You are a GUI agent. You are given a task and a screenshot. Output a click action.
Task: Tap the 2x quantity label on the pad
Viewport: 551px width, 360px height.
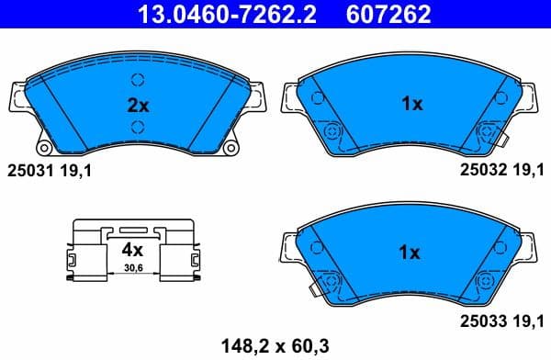137,105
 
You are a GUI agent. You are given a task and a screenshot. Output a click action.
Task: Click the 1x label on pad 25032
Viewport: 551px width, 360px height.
410,105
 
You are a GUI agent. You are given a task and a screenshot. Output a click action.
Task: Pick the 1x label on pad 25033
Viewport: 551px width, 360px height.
410,251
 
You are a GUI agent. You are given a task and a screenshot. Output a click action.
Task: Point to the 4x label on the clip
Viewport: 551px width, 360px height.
133,250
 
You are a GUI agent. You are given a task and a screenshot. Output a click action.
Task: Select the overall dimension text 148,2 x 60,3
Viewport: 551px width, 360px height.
275,345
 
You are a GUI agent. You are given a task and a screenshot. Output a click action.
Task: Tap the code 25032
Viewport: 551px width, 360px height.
479,170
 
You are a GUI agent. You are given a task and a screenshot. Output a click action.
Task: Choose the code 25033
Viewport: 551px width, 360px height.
479,321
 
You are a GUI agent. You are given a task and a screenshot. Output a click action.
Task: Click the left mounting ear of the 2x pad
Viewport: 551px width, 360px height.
17,97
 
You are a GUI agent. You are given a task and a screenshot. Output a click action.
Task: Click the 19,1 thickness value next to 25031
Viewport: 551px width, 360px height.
77,170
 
